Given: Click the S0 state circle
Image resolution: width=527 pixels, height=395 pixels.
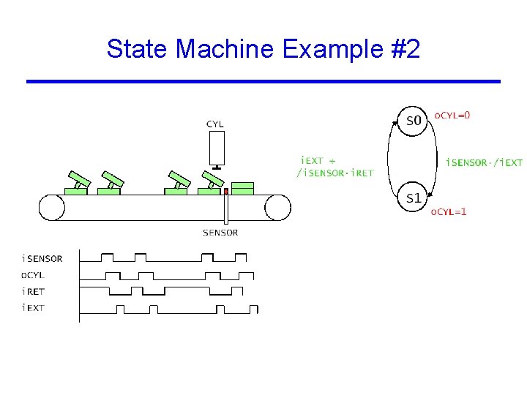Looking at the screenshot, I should coord(414,121).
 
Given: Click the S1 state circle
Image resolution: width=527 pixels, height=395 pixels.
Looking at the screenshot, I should coord(414,198).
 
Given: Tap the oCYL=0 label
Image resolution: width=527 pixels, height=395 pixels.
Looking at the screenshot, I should coord(453,115).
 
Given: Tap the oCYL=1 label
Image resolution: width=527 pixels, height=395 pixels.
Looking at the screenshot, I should coord(448,212).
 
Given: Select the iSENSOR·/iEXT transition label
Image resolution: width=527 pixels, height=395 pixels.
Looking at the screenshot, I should coord(484,162).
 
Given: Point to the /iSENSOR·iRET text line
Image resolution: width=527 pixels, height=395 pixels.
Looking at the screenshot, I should coord(334,173).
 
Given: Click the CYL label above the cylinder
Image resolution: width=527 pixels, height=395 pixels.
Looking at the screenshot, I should coord(215,124).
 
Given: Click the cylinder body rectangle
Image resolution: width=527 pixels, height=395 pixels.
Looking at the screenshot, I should coord(216,148).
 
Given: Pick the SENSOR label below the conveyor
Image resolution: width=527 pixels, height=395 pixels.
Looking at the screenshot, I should coord(220,233).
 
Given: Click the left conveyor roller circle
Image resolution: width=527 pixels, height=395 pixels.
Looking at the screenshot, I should coord(52,207).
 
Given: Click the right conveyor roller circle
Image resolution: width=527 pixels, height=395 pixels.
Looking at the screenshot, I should coord(277,207).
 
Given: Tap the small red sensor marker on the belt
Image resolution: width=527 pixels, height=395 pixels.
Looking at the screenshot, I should coord(226,192).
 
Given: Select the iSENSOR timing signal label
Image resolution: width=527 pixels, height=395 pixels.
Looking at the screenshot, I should coord(42,258).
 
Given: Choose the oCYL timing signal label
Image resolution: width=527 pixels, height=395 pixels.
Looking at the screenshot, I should coord(33,275).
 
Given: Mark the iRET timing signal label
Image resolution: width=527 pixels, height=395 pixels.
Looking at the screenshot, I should coord(33,291).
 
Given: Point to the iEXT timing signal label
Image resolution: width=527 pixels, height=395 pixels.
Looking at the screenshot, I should coord(33,308).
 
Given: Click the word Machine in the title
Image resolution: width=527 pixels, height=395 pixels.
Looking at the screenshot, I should coord(224,49).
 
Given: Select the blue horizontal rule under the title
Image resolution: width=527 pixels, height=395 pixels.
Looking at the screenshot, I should coord(263,81).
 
